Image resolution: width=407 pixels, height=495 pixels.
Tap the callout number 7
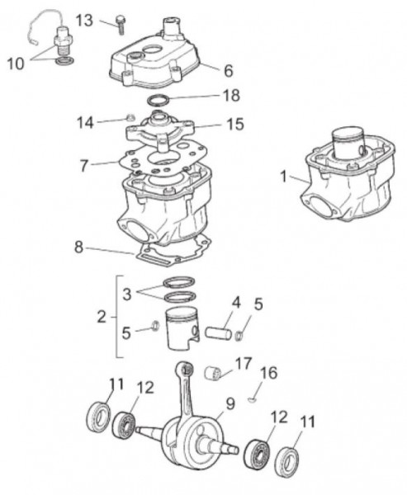pos(84,165)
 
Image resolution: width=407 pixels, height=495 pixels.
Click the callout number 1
pos(283,176)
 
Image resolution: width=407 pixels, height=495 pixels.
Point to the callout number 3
pos(126,293)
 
